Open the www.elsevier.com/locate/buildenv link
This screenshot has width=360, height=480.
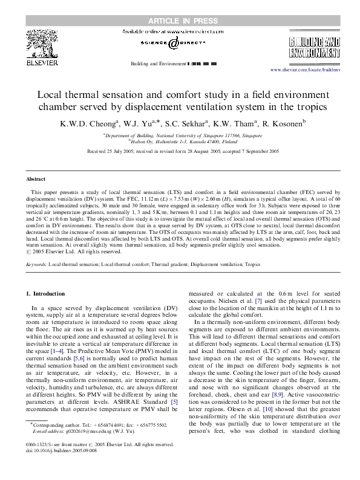[306, 70]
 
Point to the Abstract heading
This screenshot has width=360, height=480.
[36, 180]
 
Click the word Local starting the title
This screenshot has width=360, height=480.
[51, 95]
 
